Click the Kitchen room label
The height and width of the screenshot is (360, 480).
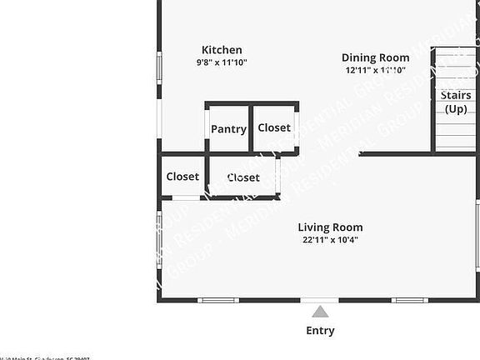click(222, 50)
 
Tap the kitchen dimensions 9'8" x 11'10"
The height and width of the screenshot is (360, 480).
click(222, 62)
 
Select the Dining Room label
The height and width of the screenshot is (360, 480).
click(375, 57)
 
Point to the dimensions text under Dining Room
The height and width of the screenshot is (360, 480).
click(375, 70)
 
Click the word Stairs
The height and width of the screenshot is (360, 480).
click(456, 96)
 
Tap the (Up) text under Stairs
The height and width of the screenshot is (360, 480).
click(456, 109)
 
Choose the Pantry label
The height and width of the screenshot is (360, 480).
click(228, 129)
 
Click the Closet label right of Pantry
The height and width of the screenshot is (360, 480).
click(274, 127)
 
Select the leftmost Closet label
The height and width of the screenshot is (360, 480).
click(182, 177)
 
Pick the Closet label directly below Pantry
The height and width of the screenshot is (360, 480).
click(243, 177)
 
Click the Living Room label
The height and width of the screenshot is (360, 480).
click(330, 227)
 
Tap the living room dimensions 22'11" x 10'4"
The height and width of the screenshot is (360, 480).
click(330, 240)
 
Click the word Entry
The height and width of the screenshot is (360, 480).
click(320, 331)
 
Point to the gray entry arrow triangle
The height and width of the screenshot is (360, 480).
click(320, 312)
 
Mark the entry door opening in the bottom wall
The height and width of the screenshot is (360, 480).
click(320, 300)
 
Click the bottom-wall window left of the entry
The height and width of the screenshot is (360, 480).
click(218, 300)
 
